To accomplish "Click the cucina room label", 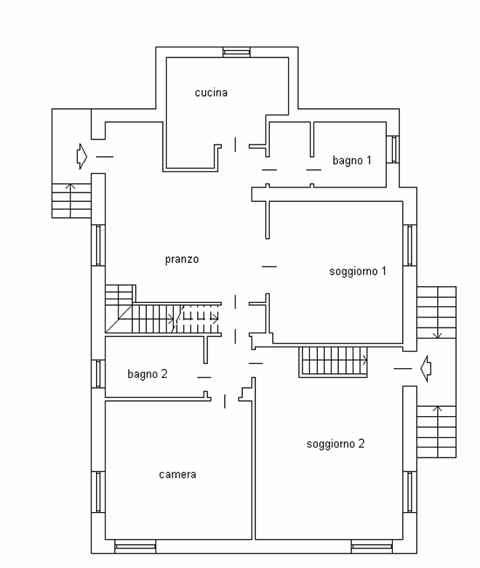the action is [211, 93].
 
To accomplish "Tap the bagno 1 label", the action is [352, 160].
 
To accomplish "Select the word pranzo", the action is [182, 259].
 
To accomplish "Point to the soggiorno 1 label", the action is [358, 272].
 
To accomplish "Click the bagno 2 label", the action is [148, 374].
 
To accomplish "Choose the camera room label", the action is [177, 474].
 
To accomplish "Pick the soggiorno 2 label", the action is [335, 444].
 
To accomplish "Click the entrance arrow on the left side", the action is [82, 156].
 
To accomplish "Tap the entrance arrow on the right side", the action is [426, 368].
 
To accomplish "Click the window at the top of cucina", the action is [236, 52].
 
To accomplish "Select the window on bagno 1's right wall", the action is [393, 149].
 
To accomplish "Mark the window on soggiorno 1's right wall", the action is [410, 246].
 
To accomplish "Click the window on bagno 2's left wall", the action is [98, 373].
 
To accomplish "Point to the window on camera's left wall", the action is [98, 492].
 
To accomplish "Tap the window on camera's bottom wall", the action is [135, 547].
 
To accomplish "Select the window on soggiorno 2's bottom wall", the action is [372, 547].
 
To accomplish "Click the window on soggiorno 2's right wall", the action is [410, 492].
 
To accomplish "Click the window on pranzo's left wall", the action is [98, 246].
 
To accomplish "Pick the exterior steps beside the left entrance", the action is [71, 200].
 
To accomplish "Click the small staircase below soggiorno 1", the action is [333, 362].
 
